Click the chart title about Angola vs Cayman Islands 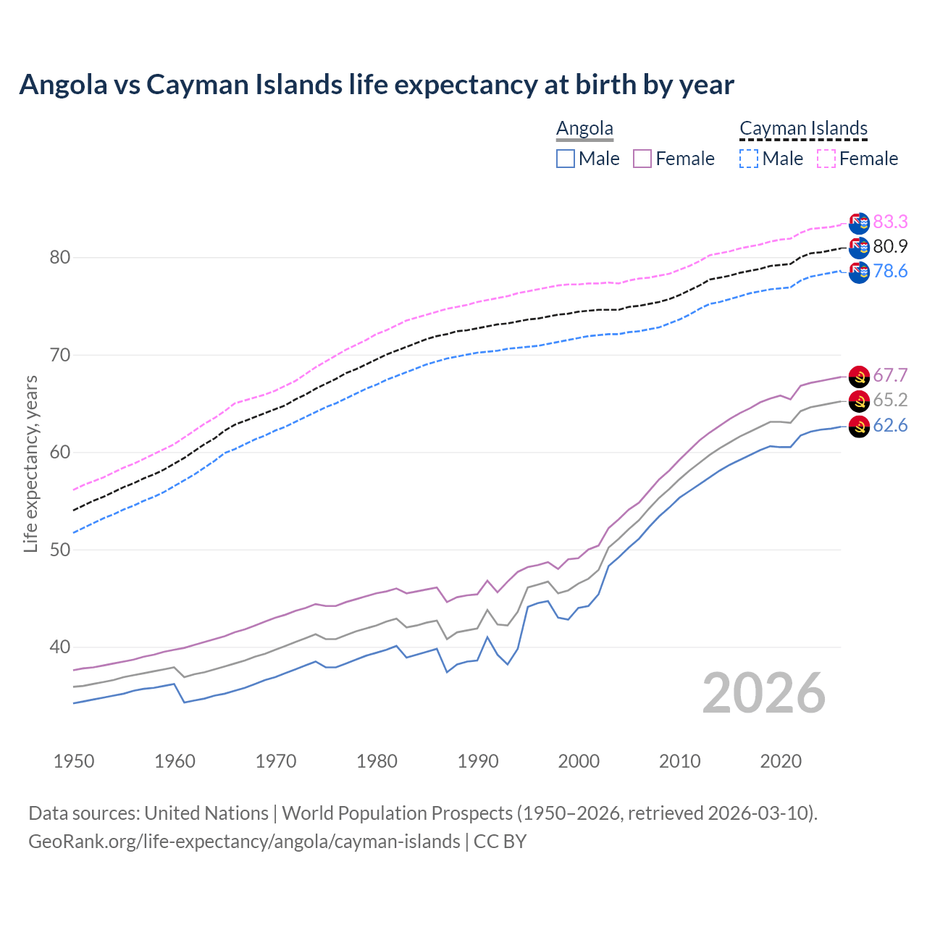pyautogui.click(x=377, y=85)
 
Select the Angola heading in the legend pyautogui.click(x=584, y=128)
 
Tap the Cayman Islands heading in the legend pyautogui.click(x=803, y=128)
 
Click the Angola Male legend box pyautogui.click(x=566, y=159)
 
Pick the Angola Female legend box pyautogui.click(x=643, y=159)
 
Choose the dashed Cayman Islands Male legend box pyautogui.click(x=749, y=159)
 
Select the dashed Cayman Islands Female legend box pyautogui.click(x=826, y=159)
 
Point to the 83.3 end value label pyautogui.click(x=890, y=222)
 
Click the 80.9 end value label pyautogui.click(x=890, y=246)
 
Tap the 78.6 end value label pyautogui.click(x=890, y=271)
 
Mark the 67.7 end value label pyautogui.click(x=890, y=375)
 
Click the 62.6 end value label pyautogui.click(x=890, y=425)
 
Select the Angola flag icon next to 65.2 pyautogui.click(x=859, y=401)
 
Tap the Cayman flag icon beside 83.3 pyautogui.click(x=859, y=223)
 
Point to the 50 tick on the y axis pyautogui.click(x=59, y=550)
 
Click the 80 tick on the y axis pyautogui.click(x=59, y=258)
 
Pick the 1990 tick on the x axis pyautogui.click(x=478, y=761)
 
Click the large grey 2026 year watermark pyautogui.click(x=763, y=693)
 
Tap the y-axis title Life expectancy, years pyautogui.click(x=30, y=463)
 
